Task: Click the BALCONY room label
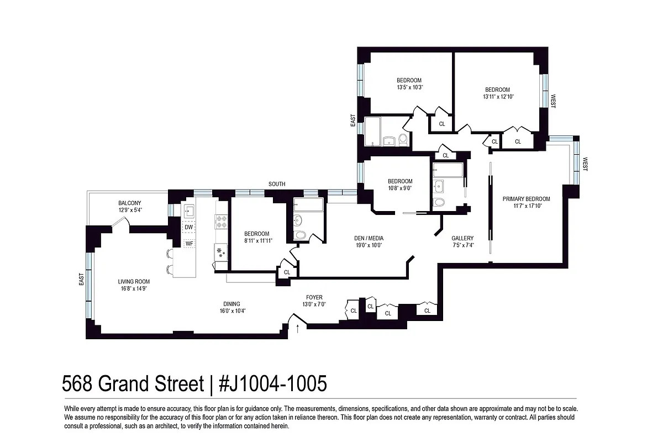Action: [129, 203]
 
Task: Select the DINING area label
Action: [231, 303]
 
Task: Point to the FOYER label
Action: [312, 297]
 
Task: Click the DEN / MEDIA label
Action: [369, 239]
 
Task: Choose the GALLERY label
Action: [462, 239]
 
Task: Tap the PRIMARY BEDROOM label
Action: [526, 199]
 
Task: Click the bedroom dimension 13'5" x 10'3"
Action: [409, 87]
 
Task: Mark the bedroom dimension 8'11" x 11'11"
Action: [257, 240]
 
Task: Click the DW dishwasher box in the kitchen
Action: [189, 227]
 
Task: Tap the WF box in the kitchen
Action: [189, 243]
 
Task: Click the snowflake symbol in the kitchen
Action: [220, 252]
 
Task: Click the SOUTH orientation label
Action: [277, 184]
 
